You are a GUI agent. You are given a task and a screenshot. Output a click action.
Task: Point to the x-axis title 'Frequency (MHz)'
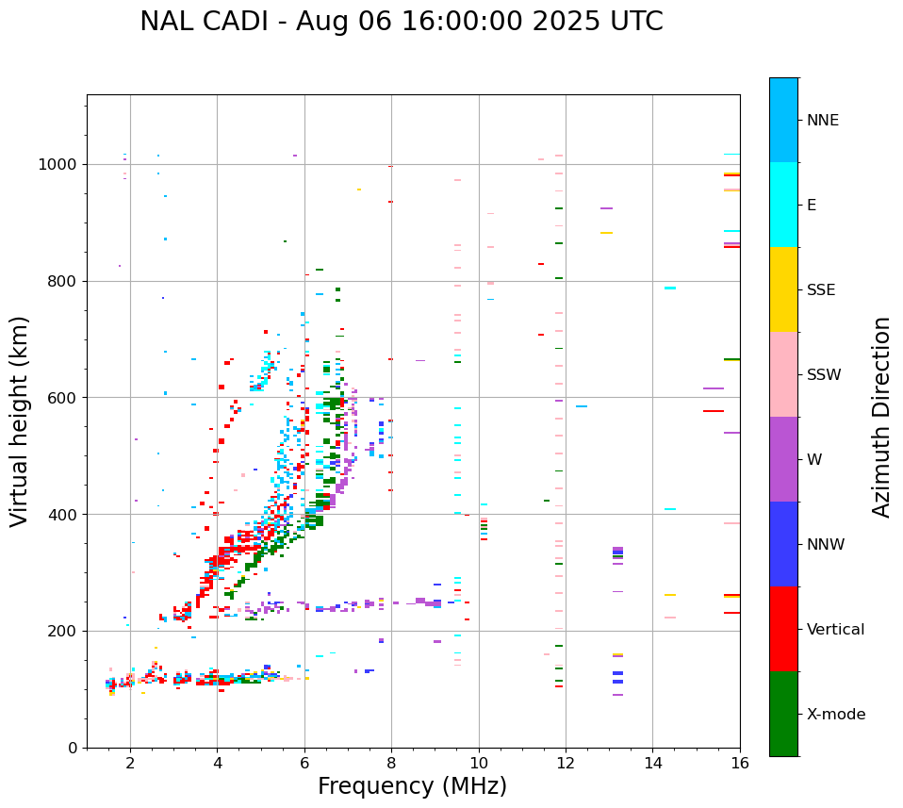pyautogui.click(x=412, y=786)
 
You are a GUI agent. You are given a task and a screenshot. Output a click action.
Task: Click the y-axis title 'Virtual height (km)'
pyautogui.click(x=20, y=420)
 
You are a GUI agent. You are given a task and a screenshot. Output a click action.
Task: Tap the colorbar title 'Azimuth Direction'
pyautogui.click(x=881, y=417)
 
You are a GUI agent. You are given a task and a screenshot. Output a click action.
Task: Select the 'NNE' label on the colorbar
pyautogui.click(x=822, y=121)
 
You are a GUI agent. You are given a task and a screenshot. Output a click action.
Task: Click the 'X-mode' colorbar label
pyautogui.click(x=835, y=715)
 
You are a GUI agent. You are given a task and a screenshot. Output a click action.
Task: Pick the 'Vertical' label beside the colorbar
pyautogui.click(x=835, y=630)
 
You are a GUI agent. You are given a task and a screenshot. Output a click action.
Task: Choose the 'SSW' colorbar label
pyautogui.click(x=824, y=375)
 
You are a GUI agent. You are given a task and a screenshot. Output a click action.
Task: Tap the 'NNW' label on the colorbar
pyautogui.click(x=826, y=545)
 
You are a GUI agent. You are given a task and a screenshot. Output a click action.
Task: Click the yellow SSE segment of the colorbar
pyautogui.click(x=783, y=289)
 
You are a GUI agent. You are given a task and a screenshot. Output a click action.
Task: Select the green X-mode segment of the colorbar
pyautogui.click(x=783, y=714)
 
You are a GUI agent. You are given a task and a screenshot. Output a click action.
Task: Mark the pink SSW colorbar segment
pyautogui.click(x=783, y=374)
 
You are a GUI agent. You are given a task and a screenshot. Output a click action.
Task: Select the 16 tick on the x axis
pyautogui.click(x=740, y=763)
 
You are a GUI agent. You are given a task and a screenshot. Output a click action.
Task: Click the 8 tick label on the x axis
pyautogui.click(x=391, y=763)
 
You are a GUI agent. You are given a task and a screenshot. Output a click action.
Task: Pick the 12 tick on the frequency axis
pyautogui.click(x=566, y=763)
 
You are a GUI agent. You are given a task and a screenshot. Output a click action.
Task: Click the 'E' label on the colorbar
pyautogui.click(x=812, y=206)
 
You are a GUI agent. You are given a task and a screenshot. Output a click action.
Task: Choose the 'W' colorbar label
pyautogui.click(x=813, y=460)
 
